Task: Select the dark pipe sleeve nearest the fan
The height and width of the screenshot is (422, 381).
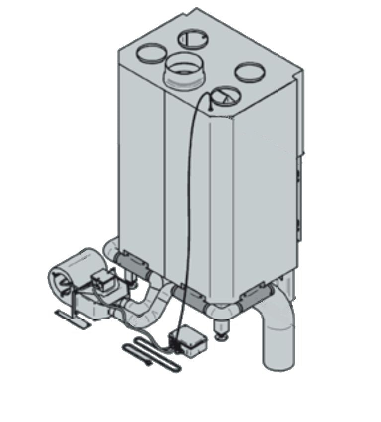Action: coord(131,260)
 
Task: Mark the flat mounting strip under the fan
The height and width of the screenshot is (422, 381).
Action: coord(72,318)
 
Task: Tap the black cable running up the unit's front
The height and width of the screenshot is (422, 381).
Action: coord(188,199)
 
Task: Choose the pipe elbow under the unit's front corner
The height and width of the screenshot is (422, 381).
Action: coord(221,311)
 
